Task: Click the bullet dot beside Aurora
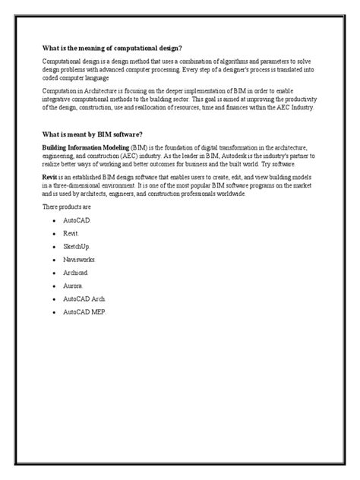[55, 286]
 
